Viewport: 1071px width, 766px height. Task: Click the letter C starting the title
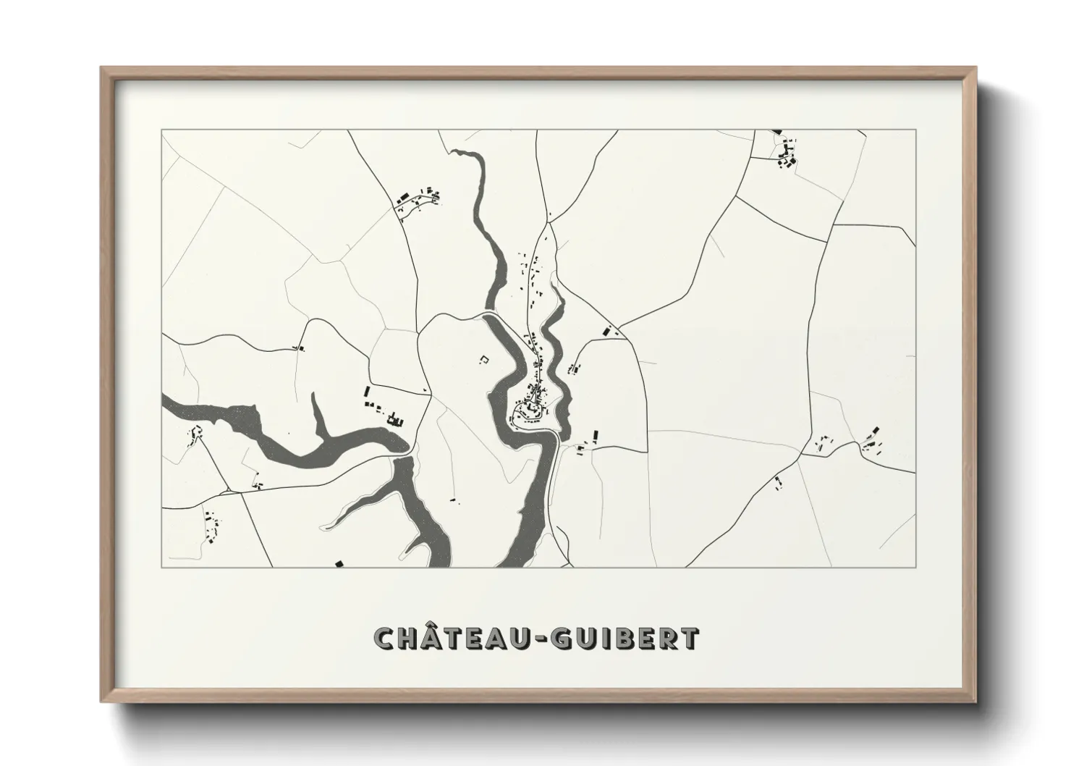click(385, 638)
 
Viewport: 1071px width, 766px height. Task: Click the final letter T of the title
click(690, 638)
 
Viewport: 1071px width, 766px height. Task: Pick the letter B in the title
click(622, 638)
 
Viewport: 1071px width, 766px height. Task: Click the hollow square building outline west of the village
click(485, 358)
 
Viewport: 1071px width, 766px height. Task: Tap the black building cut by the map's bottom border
click(338, 563)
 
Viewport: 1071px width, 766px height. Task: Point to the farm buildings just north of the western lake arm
click(381, 409)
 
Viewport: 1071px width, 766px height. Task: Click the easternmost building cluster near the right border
click(873, 439)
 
